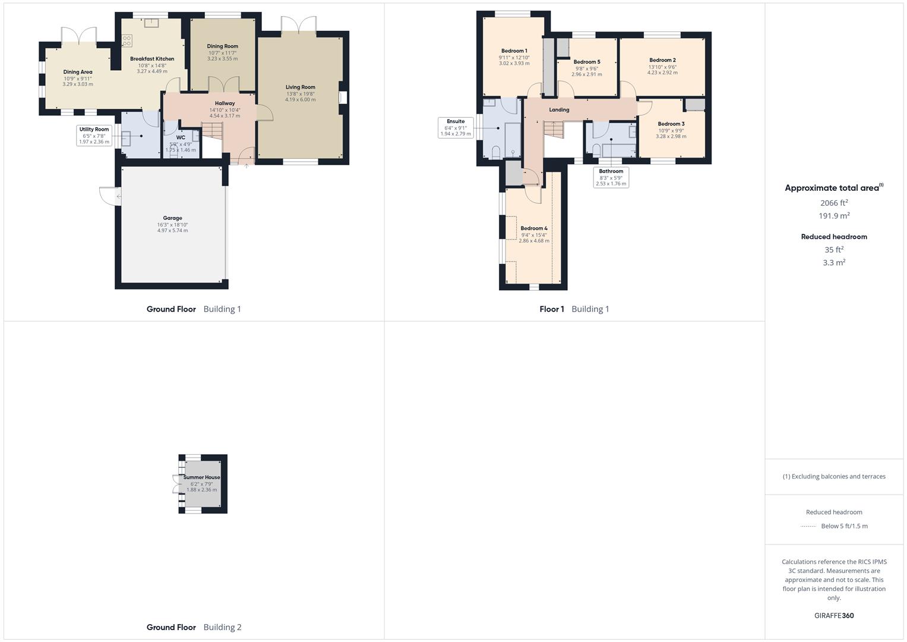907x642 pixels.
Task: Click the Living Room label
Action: pyautogui.click(x=300, y=87)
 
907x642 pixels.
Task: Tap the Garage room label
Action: pyautogui.click(x=172, y=218)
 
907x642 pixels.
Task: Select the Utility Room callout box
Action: pyautogui.click(x=94, y=136)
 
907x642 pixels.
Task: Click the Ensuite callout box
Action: pyautogui.click(x=456, y=128)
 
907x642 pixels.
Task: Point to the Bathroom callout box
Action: pyautogui.click(x=611, y=177)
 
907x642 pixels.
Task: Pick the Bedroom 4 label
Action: pyautogui.click(x=534, y=228)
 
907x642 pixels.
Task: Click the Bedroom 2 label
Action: pyautogui.click(x=662, y=60)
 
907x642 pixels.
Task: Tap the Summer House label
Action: pyautogui.click(x=201, y=477)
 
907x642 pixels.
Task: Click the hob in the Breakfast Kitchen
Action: pyautogui.click(x=127, y=40)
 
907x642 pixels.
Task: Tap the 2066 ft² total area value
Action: pyautogui.click(x=834, y=203)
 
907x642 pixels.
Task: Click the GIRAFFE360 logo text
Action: pyautogui.click(x=834, y=615)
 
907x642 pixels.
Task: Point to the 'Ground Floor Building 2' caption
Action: pyautogui.click(x=194, y=627)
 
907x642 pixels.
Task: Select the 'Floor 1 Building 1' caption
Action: pyautogui.click(x=574, y=309)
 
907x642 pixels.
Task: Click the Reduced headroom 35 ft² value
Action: pyautogui.click(x=834, y=250)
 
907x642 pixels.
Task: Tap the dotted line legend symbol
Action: pyautogui.click(x=808, y=526)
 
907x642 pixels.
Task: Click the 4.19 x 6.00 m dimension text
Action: pyautogui.click(x=300, y=100)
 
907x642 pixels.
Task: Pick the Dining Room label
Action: pyautogui.click(x=222, y=46)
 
